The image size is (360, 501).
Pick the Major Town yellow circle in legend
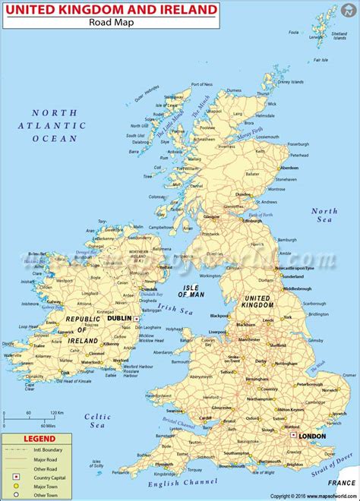coord(15,486)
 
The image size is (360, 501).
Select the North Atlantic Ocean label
coord(55,125)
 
